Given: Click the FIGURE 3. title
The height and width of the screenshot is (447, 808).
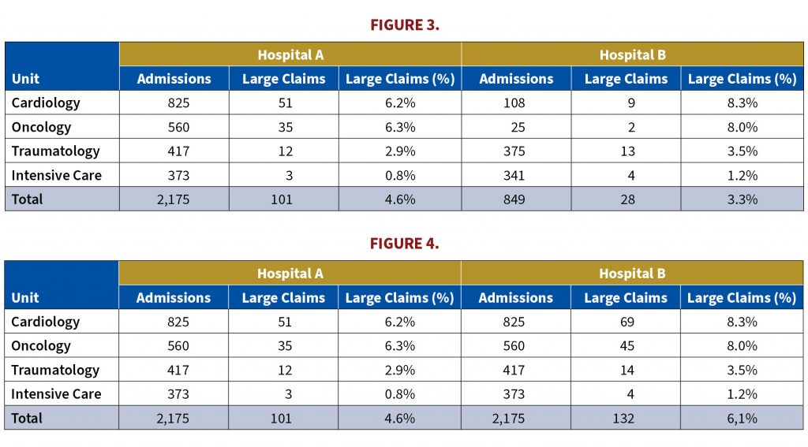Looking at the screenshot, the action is point(405,24).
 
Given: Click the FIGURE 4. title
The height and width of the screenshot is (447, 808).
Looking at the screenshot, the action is point(405,243).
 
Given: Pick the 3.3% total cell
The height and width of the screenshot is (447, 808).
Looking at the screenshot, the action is point(742,199).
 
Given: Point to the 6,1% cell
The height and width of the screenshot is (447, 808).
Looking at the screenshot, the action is point(742,418).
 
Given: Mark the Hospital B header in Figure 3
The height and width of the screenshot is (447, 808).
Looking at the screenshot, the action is point(632,54).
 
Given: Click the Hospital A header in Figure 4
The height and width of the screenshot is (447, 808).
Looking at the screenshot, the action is point(290,274).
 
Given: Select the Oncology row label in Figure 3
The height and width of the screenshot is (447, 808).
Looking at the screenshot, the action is point(41,127).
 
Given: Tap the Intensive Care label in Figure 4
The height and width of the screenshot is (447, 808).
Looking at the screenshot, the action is point(56,394).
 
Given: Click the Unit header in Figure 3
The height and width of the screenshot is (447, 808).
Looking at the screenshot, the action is point(25,79).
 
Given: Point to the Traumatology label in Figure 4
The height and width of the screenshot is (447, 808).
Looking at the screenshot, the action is point(55,371).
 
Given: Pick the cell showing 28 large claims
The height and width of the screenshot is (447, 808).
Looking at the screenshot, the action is point(627,199).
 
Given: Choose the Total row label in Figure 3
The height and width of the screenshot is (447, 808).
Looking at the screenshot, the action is point(28,199).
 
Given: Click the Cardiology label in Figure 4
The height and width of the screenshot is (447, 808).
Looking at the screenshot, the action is point(45,322).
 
